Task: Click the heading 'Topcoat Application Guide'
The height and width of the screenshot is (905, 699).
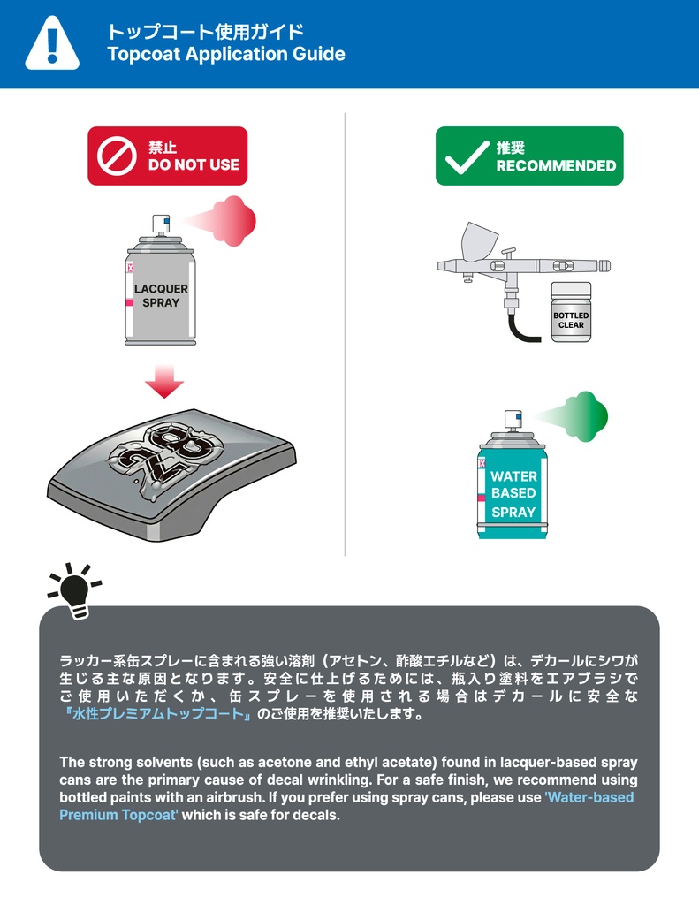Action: point(226,54)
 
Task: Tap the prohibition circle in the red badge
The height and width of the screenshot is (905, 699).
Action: point(117,156)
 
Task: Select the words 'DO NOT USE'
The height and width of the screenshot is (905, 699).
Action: point(194,164)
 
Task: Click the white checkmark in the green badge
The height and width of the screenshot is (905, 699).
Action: point(467,157)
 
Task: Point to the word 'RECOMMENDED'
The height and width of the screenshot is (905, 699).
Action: point(556,165)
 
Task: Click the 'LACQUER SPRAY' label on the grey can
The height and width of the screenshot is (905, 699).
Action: point(161,295)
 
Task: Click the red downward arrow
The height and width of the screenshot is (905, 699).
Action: point(164,381)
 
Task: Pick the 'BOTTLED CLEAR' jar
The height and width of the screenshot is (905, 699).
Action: point(571,312)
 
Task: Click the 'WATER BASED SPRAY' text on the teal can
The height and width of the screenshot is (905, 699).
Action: point(513,494)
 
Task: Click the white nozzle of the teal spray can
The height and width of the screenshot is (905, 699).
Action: point(513,420)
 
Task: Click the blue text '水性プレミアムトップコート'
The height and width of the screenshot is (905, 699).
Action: point(158,714)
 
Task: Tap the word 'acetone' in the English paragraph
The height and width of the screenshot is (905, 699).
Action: point(281,763)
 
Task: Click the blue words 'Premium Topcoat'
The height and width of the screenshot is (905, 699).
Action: point(119,815)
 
